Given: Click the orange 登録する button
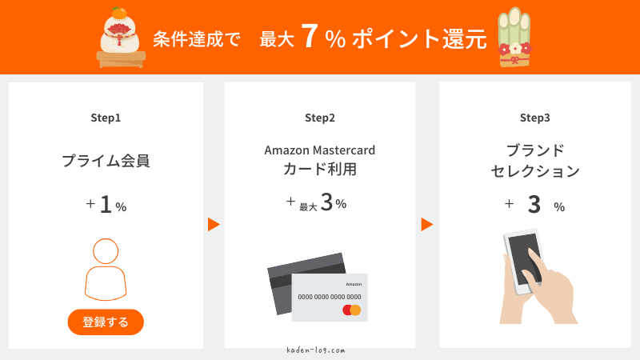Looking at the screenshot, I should tap(106, 322).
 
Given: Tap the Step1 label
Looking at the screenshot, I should tap(106, 118).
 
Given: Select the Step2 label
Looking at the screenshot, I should tap(320, 118).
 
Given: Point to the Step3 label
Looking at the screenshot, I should tap(534, 118).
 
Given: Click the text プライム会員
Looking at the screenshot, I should tap(106, 161).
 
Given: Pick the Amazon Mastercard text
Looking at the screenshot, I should tap(320, 150).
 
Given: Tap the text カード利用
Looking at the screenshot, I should tap(320, 170).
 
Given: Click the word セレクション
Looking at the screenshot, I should tap(534, 170).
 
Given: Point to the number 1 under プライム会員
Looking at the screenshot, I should tap(105, 206).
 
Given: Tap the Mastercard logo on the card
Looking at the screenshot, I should tap(352, 310).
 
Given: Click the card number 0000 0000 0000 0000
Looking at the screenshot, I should tap(329, 296).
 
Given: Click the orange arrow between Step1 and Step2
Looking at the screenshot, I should tap(214, 225).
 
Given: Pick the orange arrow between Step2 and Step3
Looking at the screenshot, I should tap(427, 225).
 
